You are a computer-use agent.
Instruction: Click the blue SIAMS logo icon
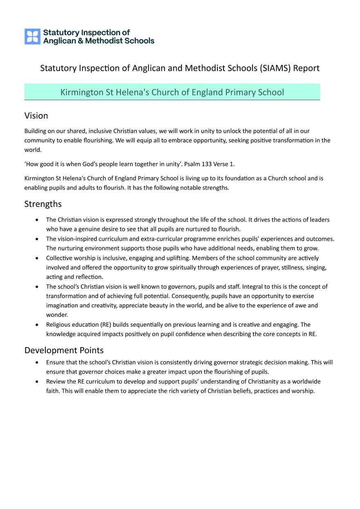tap(32, 36)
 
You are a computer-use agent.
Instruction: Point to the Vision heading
tap(36, 116)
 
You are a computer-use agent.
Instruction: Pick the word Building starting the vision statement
tap(36, 131)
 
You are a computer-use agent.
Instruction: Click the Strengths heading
tap(43, 204)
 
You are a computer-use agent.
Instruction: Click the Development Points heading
tap(64, 350)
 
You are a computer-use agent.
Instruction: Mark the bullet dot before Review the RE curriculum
tap(38, 381)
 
